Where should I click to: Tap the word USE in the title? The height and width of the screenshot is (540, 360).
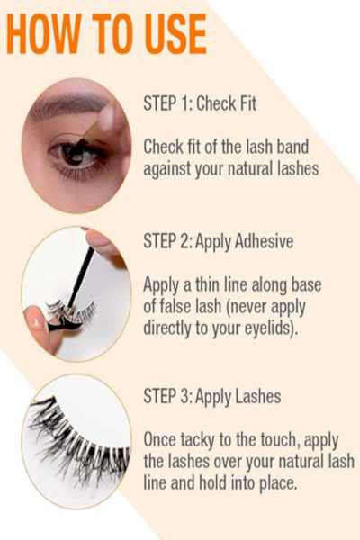point(175,34)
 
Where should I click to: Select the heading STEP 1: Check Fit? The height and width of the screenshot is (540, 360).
point(200,103)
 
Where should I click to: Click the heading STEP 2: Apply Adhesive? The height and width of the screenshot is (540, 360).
point(219,240)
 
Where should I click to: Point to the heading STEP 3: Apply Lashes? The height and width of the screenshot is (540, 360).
point(212,396)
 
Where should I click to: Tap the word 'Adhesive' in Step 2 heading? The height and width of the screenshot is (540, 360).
point(264,240)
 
